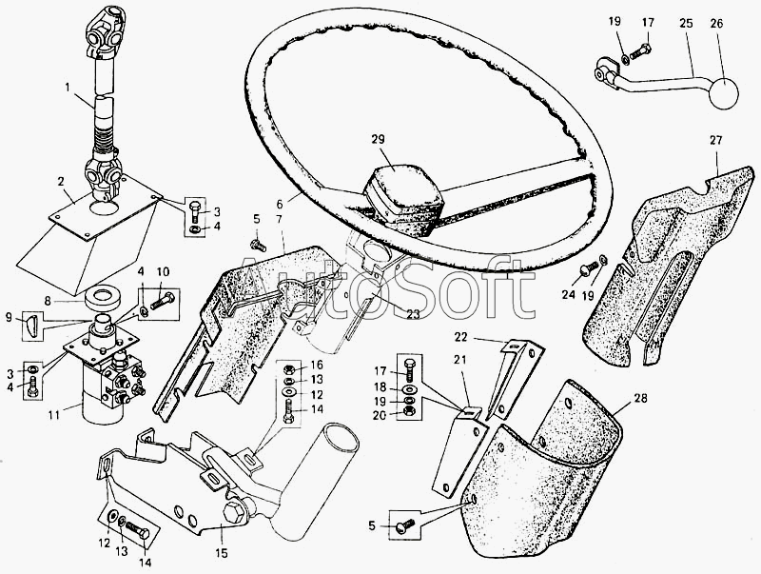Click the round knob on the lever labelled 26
point(723,93)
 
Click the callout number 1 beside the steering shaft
point(68,88)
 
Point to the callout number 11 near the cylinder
point(54,416)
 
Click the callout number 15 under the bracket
point(223,553)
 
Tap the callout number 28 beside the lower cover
point(640,399)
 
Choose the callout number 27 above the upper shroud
point(716,141)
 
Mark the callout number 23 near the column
point(413,315)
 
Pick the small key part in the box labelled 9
point(30,326)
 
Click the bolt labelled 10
point(163,301)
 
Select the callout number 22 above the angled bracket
point(460,337)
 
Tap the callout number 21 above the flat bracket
point(459,360)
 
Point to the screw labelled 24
point(587,267)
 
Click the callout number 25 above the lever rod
point(686,24)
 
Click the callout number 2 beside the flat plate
point(61,182)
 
